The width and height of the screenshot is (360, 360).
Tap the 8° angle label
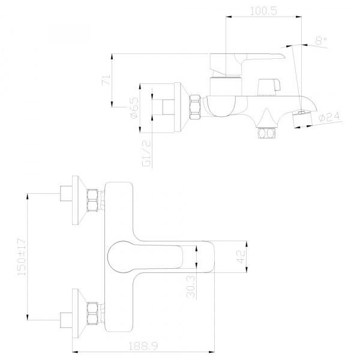point(321,41)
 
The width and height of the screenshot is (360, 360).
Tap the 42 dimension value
point(240,257)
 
